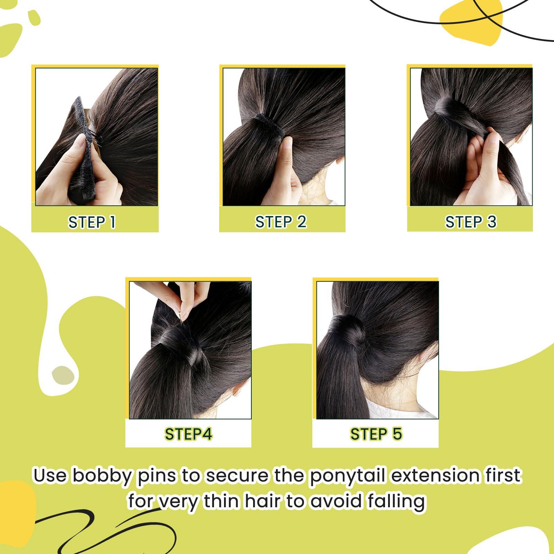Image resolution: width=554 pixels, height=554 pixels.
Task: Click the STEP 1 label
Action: (x=92, y=222)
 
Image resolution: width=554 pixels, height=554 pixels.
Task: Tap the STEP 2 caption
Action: (x=281, y=222)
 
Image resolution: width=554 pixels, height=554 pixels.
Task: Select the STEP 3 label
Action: (x=471, y=222)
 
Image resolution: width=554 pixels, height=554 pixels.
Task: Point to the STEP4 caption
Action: (x=188, y=434)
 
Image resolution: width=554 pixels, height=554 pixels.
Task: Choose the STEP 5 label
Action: (x=376, y=434)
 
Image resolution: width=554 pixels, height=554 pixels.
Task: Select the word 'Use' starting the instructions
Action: (x=50, y=476)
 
